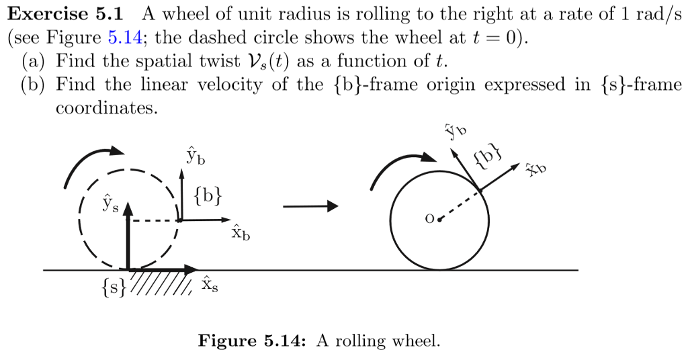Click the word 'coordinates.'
(x=106, y=108)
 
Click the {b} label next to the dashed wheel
(x=207, y=197)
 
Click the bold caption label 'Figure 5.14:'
(x=252, y=341)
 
